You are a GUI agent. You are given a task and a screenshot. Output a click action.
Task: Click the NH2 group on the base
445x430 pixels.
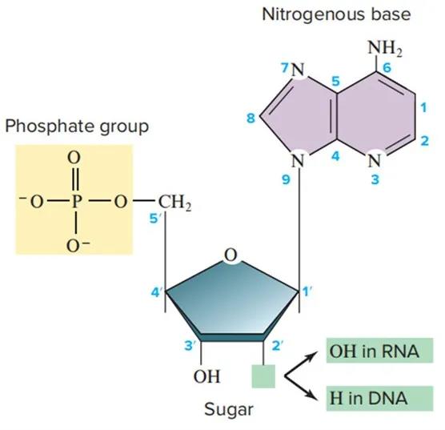click(x=385, y=48)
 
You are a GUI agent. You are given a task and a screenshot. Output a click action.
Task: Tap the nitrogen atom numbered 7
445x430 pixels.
click(x=298, y=70)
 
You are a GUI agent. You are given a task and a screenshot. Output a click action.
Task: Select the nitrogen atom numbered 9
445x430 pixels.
click(x=298, y=161)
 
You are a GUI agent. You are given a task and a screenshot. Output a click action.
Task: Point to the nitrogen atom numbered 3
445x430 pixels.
click(x=375, y=161)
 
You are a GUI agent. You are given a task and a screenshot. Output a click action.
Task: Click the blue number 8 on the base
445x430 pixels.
click(x=251, y=118)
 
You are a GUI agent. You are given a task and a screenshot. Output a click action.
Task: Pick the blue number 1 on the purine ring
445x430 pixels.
click(x=423, y=107)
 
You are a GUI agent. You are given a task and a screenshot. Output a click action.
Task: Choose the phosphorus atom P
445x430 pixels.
click(x=76, y=202)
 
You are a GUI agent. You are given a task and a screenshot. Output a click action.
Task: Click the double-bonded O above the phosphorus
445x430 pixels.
click(x=74, y=157)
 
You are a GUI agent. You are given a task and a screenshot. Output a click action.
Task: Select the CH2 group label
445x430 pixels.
click(x=174, y=203)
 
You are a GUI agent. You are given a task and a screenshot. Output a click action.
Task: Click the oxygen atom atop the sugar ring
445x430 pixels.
click(x=231, y=255)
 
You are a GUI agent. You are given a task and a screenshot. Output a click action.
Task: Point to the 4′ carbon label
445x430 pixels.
click(x=157, y=292)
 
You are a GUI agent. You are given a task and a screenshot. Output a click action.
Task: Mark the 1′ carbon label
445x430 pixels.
click(x=307, y=291)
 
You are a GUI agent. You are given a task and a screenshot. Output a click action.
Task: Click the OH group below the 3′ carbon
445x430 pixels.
click(x=206, y=376)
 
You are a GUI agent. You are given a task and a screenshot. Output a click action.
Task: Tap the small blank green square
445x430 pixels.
click(x=263, y=376)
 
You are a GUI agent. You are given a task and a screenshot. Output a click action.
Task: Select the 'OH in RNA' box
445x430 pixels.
click(x=379, y=351)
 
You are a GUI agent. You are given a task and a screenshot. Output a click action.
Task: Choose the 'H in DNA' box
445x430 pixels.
click(x=379, y=398)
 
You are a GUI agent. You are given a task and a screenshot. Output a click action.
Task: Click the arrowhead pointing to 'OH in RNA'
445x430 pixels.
click(x=312, y=356)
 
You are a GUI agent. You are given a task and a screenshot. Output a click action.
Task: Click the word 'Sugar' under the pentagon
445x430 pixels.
click(x=229, y=410)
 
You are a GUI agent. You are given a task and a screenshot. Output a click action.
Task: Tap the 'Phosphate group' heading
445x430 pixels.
click(x=77, y=127)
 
